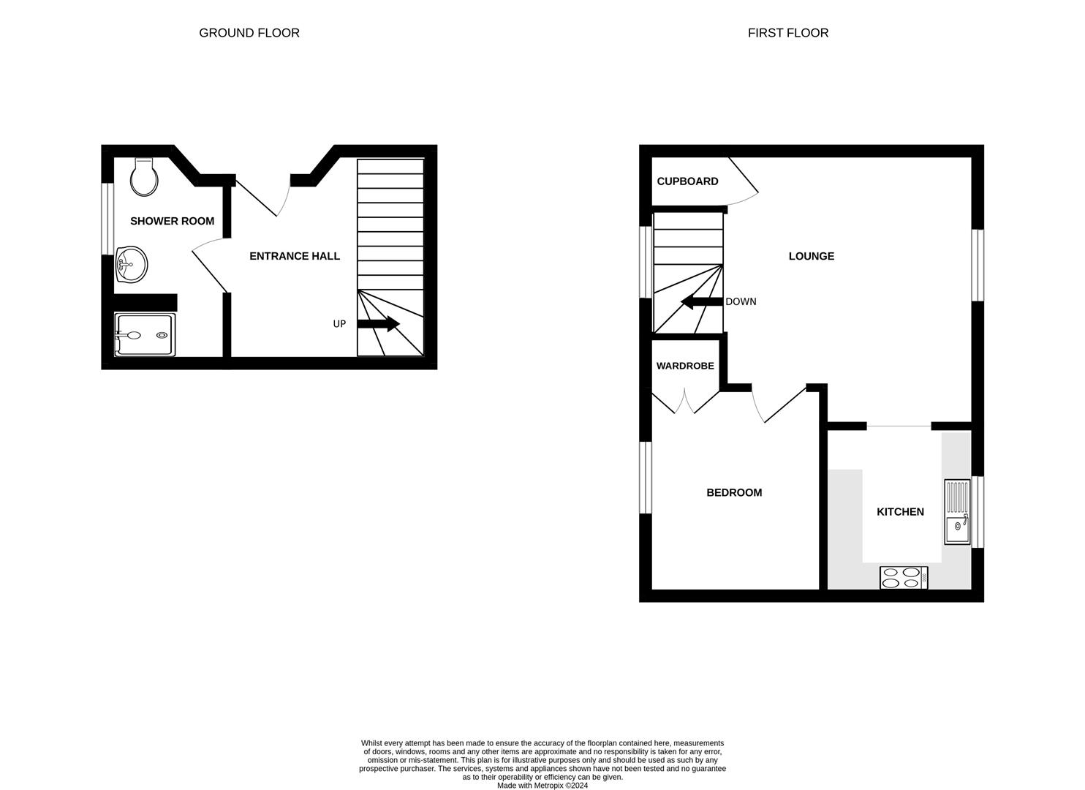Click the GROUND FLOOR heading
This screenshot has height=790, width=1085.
tap(249, 33)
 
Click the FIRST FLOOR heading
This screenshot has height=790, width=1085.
tap(787, 33)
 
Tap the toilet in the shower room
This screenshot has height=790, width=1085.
tap(144, 177)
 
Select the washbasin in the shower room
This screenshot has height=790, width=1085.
tap(131, 263)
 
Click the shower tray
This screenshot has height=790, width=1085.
tap(145, 335)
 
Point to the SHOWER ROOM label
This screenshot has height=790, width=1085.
tap(172, 221)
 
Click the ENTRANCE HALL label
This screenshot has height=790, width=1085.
tap(295, 256)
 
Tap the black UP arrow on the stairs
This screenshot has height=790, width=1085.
tap(378, 324)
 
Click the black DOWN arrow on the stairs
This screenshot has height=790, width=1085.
tap(701, 301)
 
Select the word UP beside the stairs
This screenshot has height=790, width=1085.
tap(339, 324)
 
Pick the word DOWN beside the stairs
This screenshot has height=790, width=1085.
tap(741, 301)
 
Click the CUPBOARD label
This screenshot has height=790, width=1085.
tap(687, 181)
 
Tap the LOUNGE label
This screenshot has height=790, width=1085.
tap(811, 256)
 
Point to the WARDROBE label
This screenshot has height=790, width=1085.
tap(685, 366)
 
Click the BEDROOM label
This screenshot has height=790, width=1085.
tap(734, 493)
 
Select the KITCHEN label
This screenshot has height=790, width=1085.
tap(900, 512)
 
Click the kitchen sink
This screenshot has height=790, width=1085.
tap(957, 512)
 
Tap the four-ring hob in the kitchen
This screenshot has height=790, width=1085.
tap(904, 578)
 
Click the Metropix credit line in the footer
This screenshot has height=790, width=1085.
tap(542, 786)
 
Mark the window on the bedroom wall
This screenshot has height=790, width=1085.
tap(646, 477)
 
